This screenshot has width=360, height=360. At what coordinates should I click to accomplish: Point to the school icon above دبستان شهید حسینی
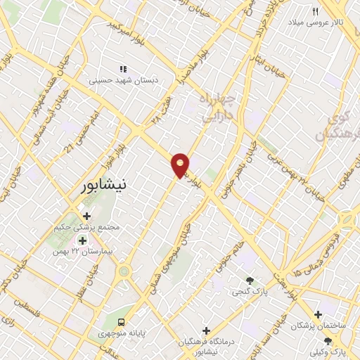pos(123,69)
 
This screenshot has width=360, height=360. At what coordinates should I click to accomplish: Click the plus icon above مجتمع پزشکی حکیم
pos(86,216)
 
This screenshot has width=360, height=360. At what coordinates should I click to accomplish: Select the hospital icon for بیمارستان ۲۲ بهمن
pos(82,240)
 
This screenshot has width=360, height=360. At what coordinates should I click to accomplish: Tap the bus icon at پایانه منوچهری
pos(124,321)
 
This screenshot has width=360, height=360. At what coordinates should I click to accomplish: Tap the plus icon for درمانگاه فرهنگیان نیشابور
pos(206,330)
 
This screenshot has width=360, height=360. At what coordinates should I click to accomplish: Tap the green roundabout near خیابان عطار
pos(124,270)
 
